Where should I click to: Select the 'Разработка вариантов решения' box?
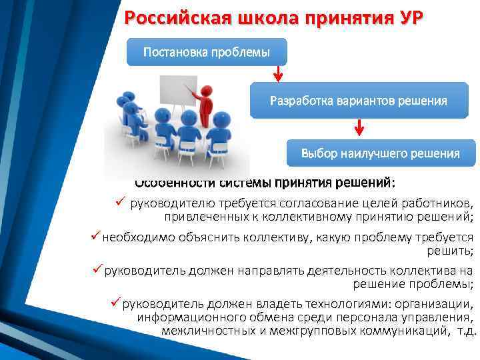358,101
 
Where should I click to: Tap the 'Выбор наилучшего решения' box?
380,153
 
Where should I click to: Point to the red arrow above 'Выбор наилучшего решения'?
360,127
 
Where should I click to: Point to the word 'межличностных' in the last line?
201,330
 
